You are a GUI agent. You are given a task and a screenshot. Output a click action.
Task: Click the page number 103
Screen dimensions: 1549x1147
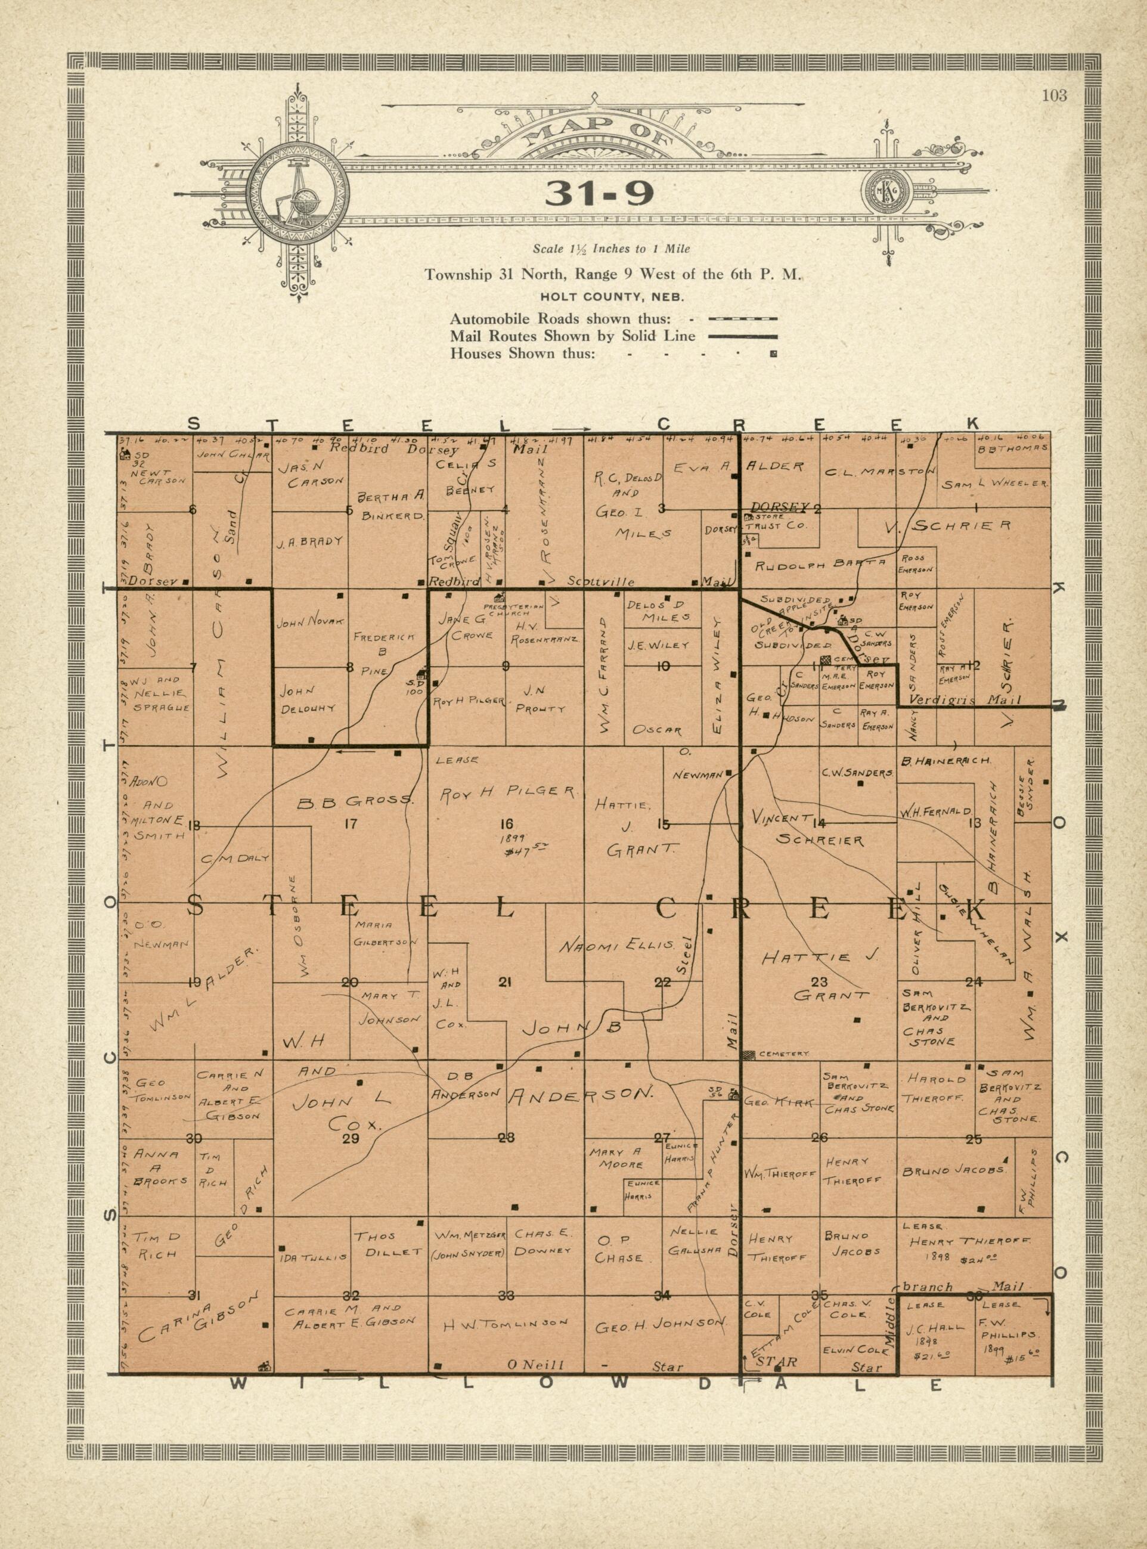pos(1053,96)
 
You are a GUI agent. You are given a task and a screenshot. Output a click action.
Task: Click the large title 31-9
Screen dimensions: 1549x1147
pos(599,194)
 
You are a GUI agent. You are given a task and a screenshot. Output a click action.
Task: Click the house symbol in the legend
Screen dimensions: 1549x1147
pos(773,354)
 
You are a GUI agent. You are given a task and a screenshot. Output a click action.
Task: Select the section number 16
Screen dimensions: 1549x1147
pos(506,823)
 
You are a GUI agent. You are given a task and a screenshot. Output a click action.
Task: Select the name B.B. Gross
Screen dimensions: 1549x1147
pos(355,801)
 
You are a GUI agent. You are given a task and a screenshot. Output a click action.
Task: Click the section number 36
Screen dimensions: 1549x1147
pos(975,1296)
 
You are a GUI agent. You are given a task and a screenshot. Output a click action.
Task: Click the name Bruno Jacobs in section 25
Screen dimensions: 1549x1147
pos(953,1170)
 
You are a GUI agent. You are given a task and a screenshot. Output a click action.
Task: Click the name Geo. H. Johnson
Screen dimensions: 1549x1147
pos(661,1324)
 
